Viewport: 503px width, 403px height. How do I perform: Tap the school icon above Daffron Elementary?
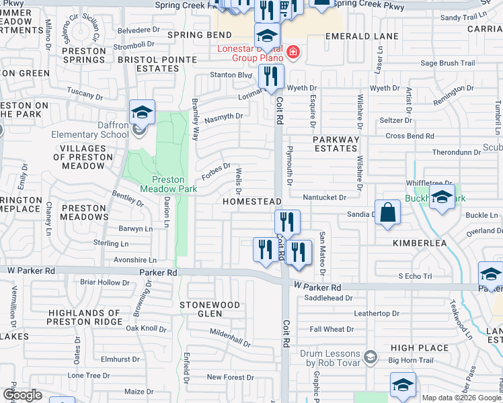click(x=142, y=112)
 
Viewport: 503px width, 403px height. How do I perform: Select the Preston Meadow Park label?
click(x=168, y=185)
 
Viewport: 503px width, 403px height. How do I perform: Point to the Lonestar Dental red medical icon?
click(x=292, y=52)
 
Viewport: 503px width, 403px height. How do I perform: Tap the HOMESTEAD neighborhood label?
click(x=252, y=201)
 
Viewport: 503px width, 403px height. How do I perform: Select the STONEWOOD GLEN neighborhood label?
click(x=210, y=309)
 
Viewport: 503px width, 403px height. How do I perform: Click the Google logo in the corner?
click(x=22, y=394)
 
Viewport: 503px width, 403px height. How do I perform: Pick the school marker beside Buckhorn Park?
click(x=441, y=197)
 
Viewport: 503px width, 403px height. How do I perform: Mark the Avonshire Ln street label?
click(x=134, y=260)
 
